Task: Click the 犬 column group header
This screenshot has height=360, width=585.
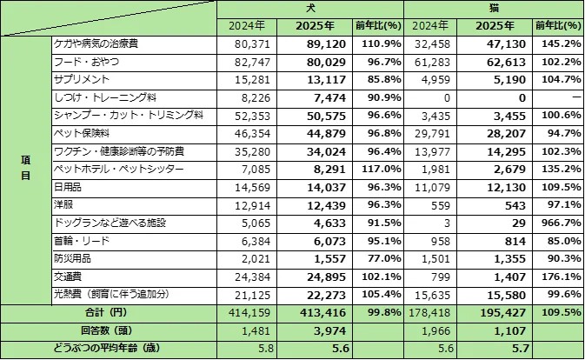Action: click(x=309, y=7)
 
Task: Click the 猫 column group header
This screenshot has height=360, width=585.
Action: click(x=493, y=7)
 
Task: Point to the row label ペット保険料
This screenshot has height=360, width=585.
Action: click(x=81, y=133)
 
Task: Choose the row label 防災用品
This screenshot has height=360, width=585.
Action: click(x=72, y=258)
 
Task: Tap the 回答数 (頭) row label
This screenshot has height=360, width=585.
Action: click(x=109, y=330)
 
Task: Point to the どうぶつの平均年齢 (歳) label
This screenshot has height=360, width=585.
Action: click(x=109, y=349)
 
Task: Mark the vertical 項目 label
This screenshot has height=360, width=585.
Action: click(x=25, y=169)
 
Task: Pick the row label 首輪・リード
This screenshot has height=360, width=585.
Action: click(x=77, y=241)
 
